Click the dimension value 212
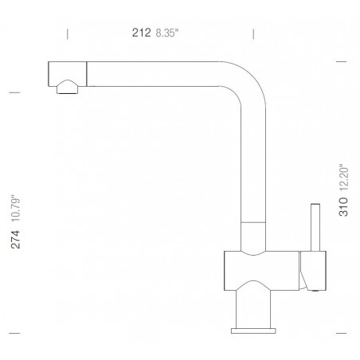(x=142, y=33)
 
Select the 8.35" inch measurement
(x=167, y=33)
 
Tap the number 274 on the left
(x=16, y=240)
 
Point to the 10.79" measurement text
(x=16, y=209)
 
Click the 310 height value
(x=343, y=207)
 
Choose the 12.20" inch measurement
(x=344, y=178)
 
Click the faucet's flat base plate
(x=253, y=331)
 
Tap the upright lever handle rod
(x=315, y=228)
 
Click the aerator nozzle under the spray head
(x=68, y=88)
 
